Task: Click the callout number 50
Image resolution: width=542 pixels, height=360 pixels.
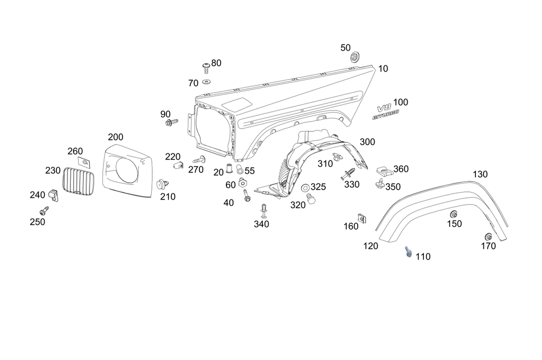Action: [346, 48]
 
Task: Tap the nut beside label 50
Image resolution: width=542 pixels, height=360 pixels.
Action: [355, 57]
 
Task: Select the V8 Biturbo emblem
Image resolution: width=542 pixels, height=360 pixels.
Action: [386, 110]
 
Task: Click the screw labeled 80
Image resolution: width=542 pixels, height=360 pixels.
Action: [207, 67]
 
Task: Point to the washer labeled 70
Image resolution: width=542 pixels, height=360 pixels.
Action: [207, 82]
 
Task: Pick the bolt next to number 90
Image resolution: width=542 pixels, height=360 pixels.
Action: [169, 124]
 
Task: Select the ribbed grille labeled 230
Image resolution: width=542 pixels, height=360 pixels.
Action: [79, 181]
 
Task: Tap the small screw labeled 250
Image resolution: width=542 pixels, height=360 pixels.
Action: [43, 210]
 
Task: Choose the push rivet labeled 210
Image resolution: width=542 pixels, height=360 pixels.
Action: [161, 184]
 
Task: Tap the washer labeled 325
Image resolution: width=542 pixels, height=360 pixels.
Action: [305, 188]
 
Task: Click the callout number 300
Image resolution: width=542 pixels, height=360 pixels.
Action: [367, 142]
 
